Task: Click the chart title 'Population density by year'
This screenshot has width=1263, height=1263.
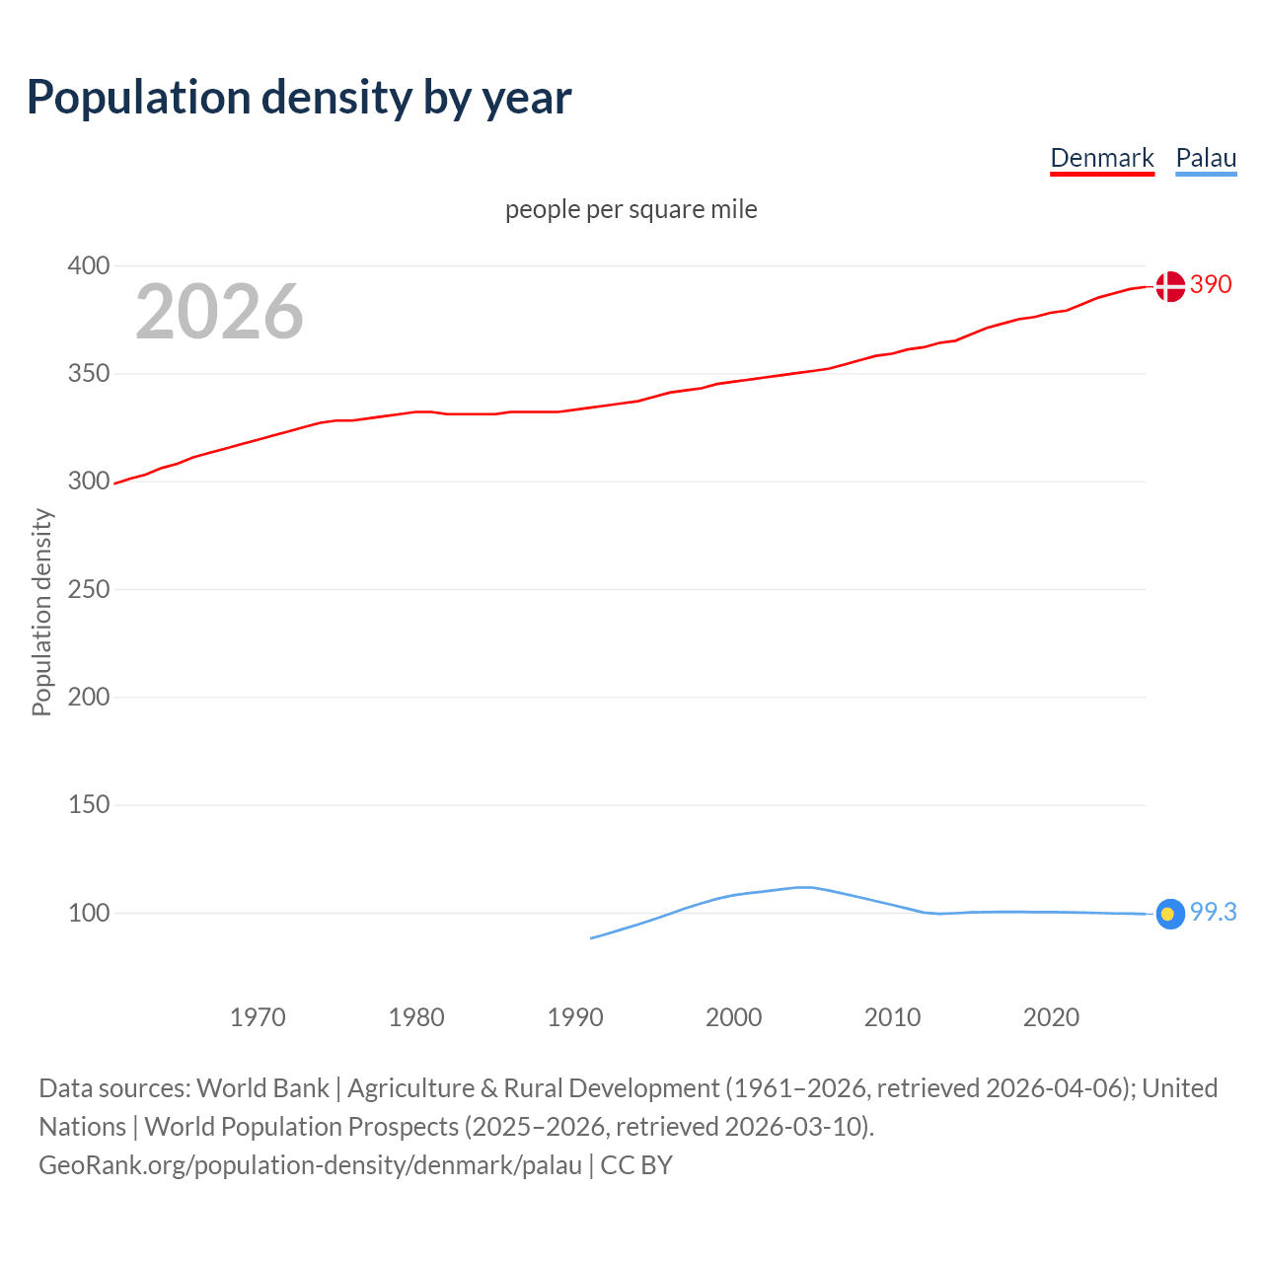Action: pos(299,98)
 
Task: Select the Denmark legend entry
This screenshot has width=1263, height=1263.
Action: pos(1101,158)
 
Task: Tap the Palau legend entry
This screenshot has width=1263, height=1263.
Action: pos(1206,158)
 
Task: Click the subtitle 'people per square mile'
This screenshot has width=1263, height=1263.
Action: pos(631,209)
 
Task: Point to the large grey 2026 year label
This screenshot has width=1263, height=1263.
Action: pos(219,312)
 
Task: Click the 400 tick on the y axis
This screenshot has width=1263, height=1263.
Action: pos(88,265)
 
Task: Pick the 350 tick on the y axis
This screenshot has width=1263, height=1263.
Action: pos(88,374)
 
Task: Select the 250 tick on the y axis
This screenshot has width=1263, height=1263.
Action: pos(88,589)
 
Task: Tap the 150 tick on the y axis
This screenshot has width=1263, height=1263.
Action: pos(88,805)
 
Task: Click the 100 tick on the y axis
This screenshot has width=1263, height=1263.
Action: pos(88,913)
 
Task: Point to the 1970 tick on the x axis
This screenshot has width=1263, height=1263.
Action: pos(258,1017)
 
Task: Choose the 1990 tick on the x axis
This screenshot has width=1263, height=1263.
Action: pos(575,1017)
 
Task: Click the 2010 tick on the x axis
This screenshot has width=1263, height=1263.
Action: pos(892,1017)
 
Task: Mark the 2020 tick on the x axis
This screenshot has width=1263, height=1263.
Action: pos(1051,1017)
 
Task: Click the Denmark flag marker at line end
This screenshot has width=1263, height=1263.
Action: pos(1170,286)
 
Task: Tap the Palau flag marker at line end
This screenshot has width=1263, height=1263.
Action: pos(1170,914)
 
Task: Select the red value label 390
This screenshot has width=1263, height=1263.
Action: pos(1211,285)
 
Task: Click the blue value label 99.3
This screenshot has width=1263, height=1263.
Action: pos(1213,913)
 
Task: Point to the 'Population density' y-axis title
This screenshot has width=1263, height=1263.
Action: pos(41,612)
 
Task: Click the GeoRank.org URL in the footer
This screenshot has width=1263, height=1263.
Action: pos(310,1165)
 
